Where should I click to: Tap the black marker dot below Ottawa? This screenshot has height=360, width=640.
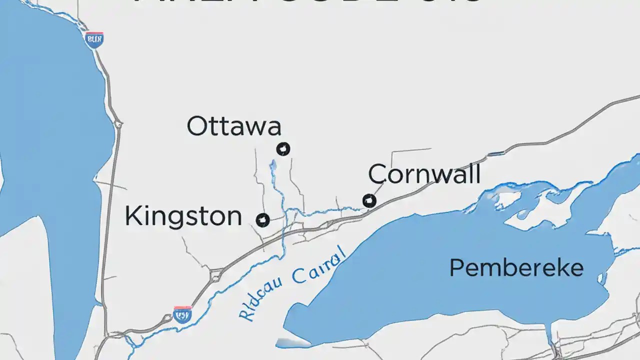[283, 148]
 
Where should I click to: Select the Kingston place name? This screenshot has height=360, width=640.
[183, 216]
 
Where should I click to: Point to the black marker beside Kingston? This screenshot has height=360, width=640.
[262, 219]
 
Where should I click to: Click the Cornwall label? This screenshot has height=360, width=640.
[424, 174]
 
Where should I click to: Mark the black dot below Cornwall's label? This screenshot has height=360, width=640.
[369, 201]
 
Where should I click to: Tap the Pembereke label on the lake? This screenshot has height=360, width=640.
[516, 268]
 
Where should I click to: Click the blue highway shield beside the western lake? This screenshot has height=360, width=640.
[94, 39]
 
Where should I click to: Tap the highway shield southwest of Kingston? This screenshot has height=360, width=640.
[182, 314]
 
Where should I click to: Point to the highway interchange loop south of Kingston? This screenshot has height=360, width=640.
[216, 274]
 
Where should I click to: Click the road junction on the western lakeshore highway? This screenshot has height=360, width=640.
[118, 123]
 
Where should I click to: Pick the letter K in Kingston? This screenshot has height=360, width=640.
[132, 216]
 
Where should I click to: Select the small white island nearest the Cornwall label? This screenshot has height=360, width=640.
[505, 199]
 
